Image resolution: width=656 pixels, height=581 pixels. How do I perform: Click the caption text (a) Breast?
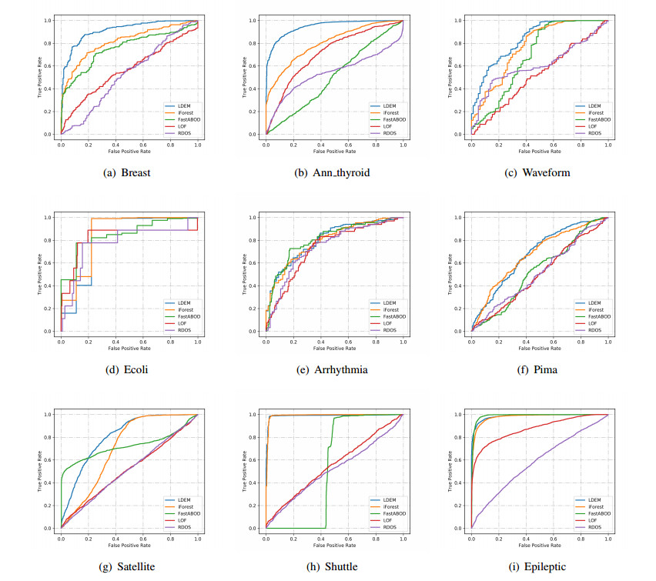(x=127, y=172)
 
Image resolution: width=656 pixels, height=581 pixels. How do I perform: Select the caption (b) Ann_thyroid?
(x=332, y=172)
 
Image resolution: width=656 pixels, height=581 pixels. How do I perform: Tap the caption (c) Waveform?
(x=537, y=172)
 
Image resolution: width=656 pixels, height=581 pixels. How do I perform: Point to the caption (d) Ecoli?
(x=127, y=369)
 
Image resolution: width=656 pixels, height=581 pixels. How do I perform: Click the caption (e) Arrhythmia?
(x=332, y=369)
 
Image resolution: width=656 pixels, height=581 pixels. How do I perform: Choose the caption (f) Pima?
(x=537, y=369)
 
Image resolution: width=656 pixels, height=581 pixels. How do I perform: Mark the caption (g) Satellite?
(x=127, y=566)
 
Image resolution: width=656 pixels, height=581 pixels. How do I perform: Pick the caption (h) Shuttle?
(x=332, y=566)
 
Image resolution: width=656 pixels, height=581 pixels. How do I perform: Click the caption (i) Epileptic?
(x=537, y=566)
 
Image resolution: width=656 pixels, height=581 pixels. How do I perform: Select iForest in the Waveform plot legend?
(x=594, y=112)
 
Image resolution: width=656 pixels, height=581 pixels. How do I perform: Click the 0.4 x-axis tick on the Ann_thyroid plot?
(x=320, y=144)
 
